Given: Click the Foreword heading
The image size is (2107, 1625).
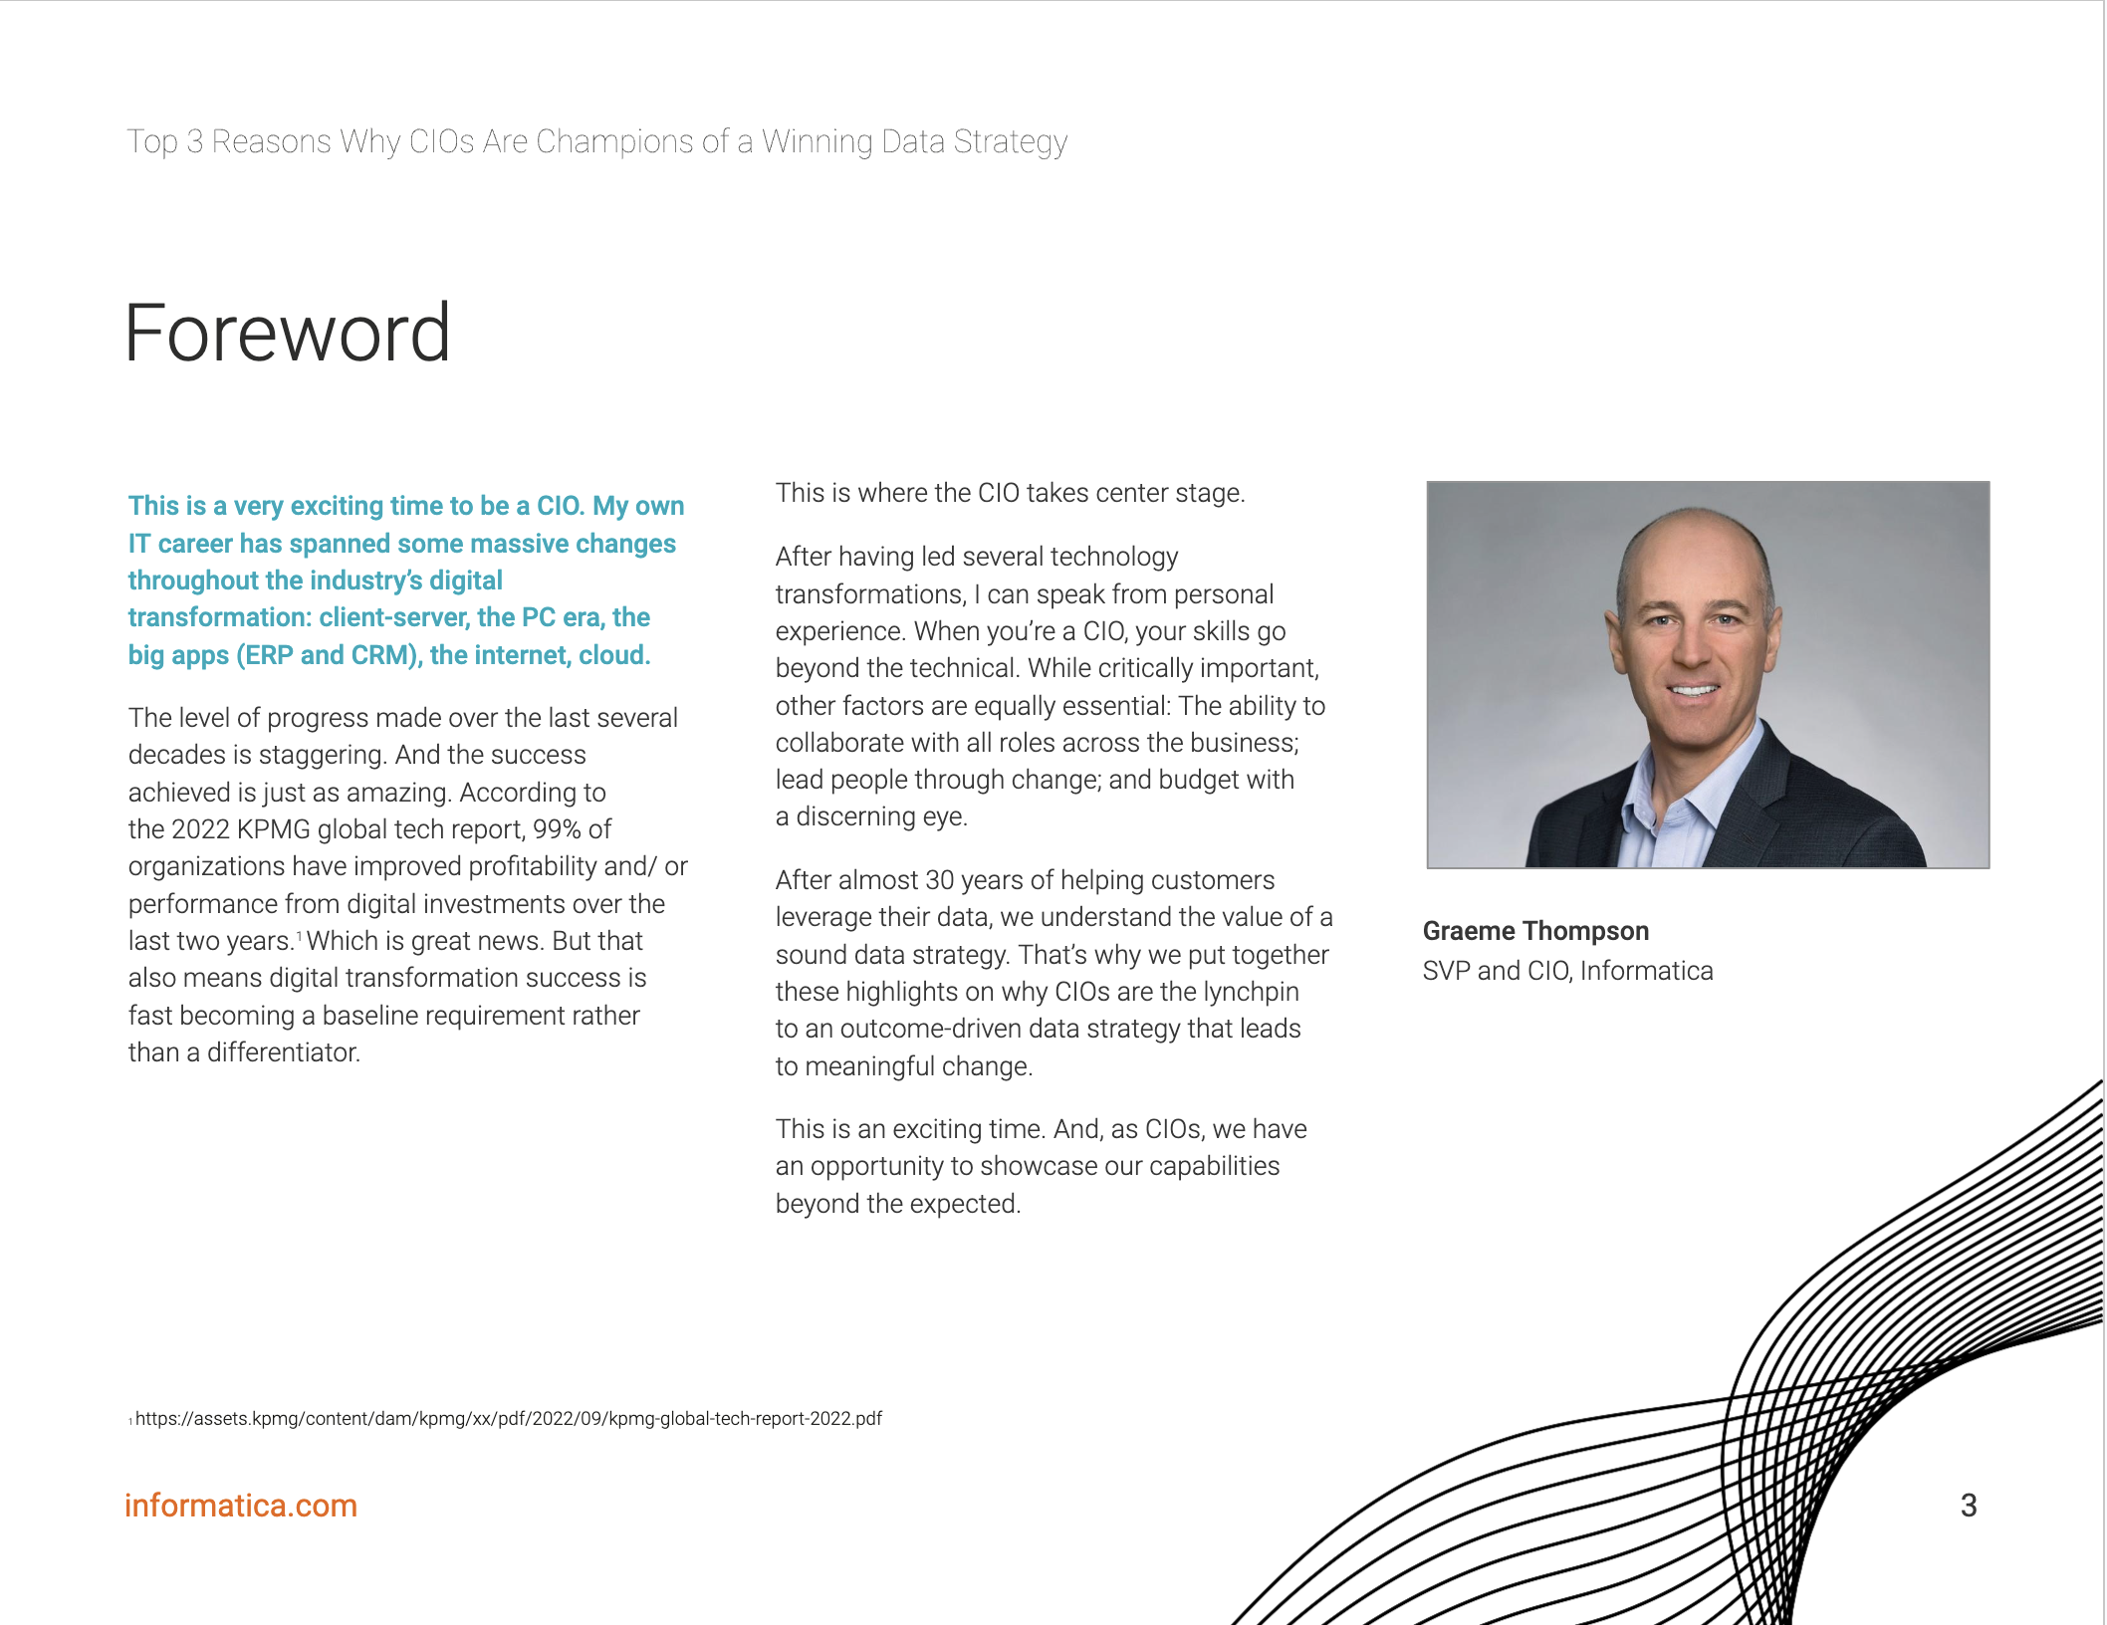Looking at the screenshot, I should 287,334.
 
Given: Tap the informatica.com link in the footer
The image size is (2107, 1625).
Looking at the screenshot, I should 240,1505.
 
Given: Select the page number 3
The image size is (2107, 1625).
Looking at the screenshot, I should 1968,1505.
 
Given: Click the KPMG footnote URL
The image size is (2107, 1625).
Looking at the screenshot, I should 508,1418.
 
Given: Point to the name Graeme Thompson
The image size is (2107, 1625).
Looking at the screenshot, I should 1534,930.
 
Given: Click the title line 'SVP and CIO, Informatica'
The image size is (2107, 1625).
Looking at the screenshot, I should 1567,970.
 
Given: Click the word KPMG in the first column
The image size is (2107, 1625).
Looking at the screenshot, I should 274,828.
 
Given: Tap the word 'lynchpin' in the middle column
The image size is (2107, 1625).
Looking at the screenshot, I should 1251,992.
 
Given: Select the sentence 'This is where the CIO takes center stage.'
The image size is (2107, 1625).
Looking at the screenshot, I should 1010,493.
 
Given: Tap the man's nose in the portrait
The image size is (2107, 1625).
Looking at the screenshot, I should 1692,652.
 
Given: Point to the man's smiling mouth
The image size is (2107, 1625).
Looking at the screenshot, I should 1694,689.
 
